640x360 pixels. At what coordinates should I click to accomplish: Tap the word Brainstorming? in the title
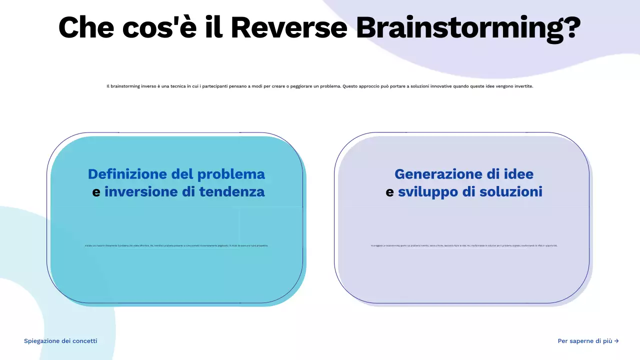468,28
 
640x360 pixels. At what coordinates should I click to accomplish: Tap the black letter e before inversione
96,192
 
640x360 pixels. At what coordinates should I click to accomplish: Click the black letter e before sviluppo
389,192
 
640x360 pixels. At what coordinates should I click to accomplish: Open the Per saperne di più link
584,341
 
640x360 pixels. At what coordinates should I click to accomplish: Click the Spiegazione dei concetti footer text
60,341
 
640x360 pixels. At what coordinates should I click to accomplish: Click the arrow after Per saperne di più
616,341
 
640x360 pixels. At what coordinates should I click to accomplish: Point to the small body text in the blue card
176,245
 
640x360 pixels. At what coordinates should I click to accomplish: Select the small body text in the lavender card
463,245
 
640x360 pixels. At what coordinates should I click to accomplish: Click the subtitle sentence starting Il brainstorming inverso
319,86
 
